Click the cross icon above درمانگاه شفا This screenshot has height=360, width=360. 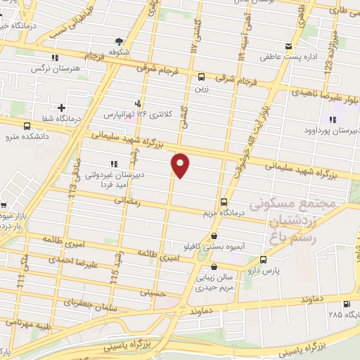pyautogui.click(x=62, y=108)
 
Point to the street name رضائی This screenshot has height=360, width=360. pyautogui.click(x=128, y=201)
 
